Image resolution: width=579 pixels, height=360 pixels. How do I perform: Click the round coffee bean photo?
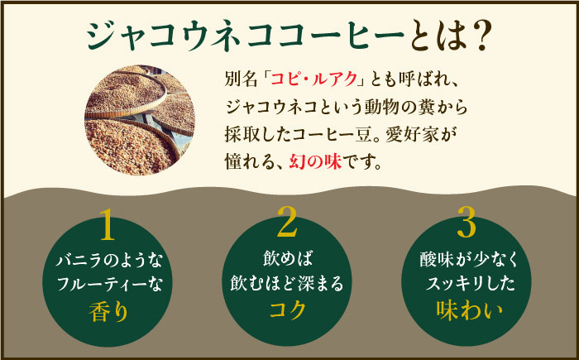(141, 116)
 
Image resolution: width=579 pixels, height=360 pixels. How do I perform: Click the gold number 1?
(109, 224)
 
